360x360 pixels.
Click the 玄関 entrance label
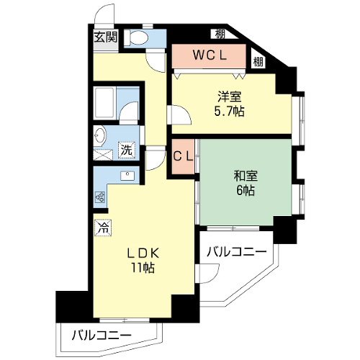coord(105,37)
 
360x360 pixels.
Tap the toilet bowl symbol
coord(136,38)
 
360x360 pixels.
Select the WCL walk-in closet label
coord(210,55)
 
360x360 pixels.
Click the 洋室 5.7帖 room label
coord(230,104)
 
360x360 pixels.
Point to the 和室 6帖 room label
coord(246,183)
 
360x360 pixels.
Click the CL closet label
coord(183,156)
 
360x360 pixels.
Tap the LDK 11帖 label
coord(143,260)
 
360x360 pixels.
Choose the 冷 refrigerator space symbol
coord(103,228)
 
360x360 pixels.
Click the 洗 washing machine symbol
coord(127,150)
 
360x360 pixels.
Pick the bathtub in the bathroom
coord(104,103)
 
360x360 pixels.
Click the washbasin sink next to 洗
coord(99,135)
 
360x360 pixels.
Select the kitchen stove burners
coord(100,197)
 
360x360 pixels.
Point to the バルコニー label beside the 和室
coord(237,252)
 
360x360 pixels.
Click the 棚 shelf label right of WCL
coord(258,62)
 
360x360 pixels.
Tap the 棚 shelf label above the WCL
coord(220,34)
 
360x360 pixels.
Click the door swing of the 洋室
coord(179,115)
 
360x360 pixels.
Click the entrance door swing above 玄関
coord(104,14)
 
